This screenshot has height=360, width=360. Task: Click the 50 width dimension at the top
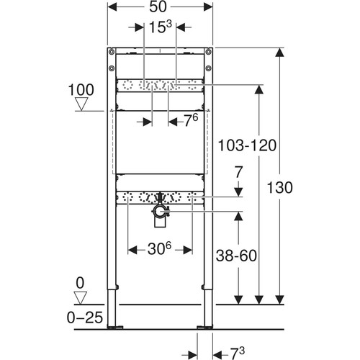tap(158, 6)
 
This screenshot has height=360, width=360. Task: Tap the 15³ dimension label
tap(161, 27)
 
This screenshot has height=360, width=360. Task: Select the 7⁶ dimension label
tap(191, 120)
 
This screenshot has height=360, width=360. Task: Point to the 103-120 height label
tap(247, 145)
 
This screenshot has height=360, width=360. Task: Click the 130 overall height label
tap(280, 187)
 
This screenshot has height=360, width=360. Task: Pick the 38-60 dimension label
tap(236, 256)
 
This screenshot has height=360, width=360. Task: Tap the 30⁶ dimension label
tap(159, 248)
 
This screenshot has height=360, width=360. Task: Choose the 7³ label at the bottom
tap(238, 354)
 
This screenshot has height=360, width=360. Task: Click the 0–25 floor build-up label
tap(85, 318)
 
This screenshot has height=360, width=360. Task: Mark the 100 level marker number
tap(81, 90)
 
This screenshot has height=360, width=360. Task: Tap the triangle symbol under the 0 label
tap(80, 298)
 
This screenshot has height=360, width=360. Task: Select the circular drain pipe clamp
tap(159, 211)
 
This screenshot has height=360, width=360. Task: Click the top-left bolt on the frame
tap(112, 51)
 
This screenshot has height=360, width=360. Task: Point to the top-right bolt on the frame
tap(209, 51)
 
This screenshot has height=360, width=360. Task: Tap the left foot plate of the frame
tap(115, 327)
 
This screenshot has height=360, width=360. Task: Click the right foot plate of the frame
tap(204, 327)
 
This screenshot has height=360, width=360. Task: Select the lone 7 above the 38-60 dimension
tap(239, 172)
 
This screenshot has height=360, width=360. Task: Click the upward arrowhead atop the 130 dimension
tap(279, 53)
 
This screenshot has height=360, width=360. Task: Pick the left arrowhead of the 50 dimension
tap(112, 7)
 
